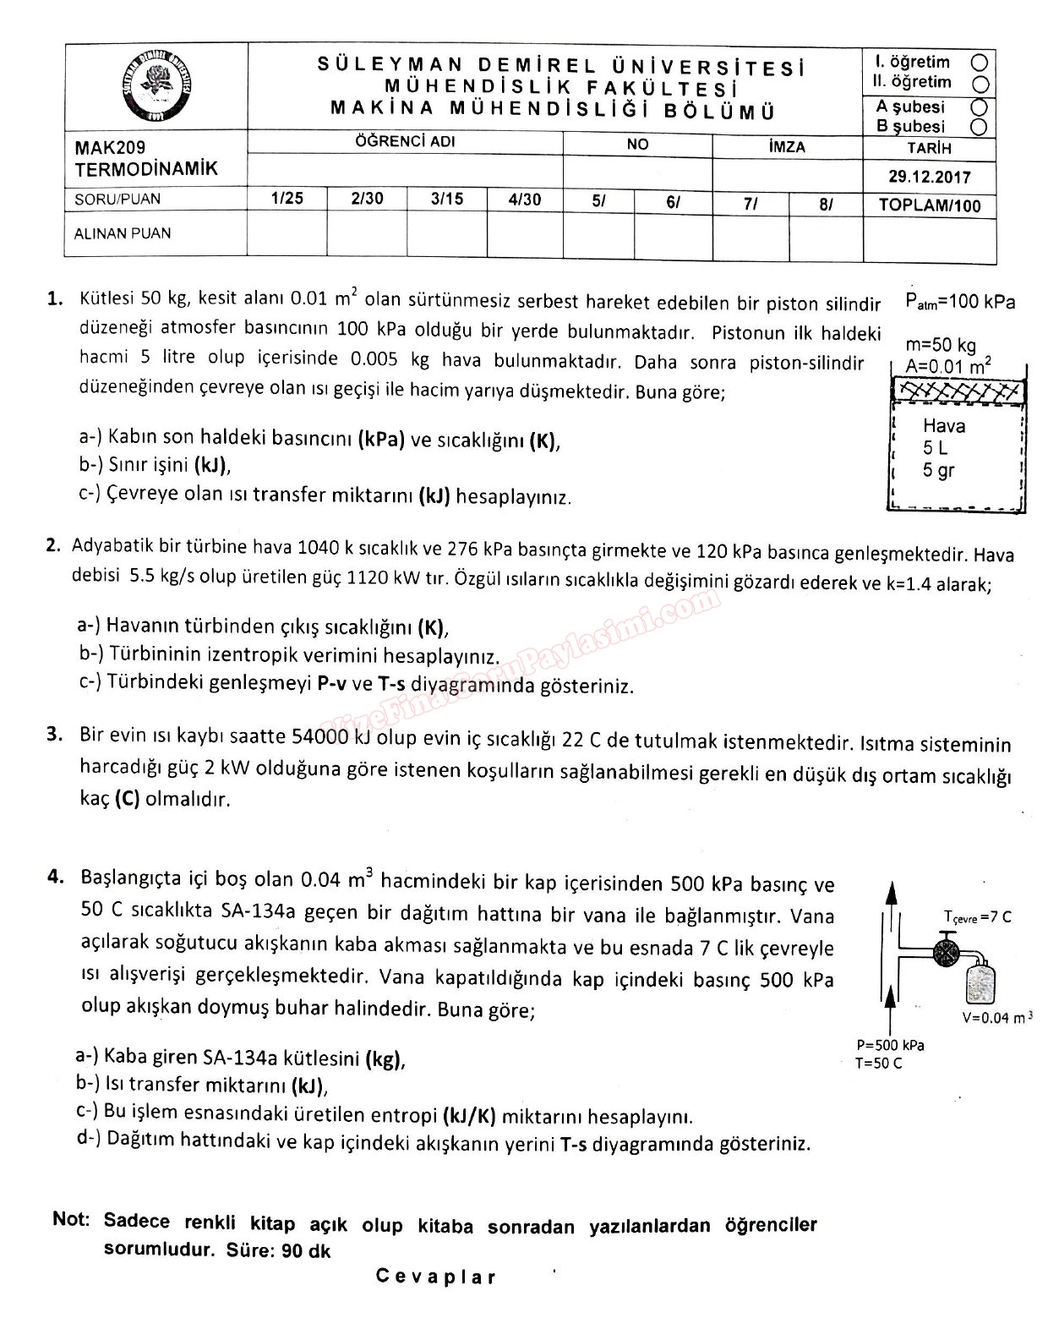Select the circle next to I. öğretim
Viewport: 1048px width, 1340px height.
click(x=980, y=63)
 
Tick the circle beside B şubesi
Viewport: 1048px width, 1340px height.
click(x=980, y=127)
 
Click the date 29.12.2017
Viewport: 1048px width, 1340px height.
click(x=930, y=178)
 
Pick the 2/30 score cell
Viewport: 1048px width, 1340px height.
click(x=367, y=200)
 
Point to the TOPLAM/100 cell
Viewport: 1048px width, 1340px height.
click(x=930, y=205)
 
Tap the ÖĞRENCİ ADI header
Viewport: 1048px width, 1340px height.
click(x=405, y=142)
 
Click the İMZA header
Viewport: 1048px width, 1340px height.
click(x=787, y=147)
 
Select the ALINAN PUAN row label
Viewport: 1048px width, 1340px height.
click(x=123, y=233)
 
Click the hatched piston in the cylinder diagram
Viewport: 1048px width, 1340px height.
click(x=958, y=391)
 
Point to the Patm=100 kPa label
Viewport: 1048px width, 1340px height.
click(x=960, y=302)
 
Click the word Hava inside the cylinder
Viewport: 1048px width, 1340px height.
click(x=943, y=426)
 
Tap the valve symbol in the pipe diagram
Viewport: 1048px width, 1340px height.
click(x=943, y=950)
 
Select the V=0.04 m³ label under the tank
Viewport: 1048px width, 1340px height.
click(x=997, y=1018)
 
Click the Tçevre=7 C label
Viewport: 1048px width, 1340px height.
click(x=977, y=917)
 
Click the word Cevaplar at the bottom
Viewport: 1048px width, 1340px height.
click(x=436, y=1277)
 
